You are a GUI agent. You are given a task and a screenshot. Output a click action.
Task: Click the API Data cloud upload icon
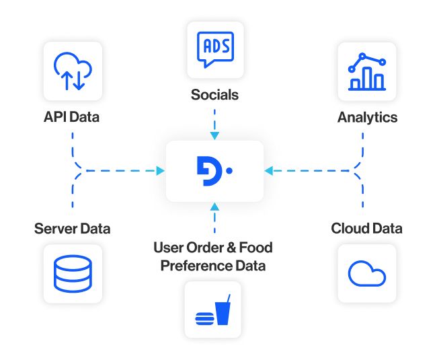tap(73, 70)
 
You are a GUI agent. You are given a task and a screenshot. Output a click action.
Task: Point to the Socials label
tap(214, 95)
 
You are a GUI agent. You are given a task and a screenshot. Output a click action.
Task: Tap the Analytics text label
tap(367, 118)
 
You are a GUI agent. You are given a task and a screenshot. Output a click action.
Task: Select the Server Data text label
tap(73, 229)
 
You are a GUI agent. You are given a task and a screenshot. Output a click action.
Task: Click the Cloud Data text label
tap(367, 229)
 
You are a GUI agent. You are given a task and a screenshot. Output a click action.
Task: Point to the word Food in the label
tap(256, 247)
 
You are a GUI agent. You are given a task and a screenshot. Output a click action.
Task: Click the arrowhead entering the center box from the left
tap(160, 171)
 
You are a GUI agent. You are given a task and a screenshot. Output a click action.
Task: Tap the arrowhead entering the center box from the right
tap(270, 171)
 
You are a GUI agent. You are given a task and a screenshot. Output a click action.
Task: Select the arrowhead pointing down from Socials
tap(214, 135)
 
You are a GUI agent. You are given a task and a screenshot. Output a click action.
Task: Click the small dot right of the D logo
tap(229, 171)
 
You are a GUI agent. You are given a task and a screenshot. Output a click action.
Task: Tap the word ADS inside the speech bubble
tap(214, 45)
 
